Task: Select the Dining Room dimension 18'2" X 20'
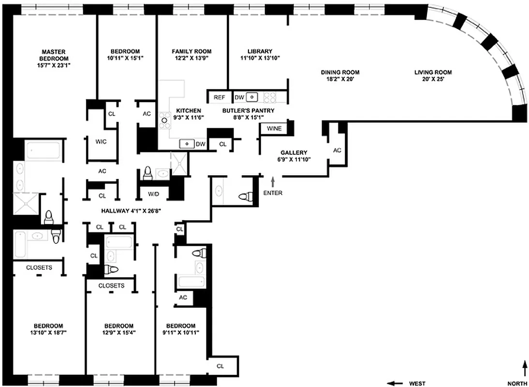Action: point(340,79)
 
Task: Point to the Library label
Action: point(260,51)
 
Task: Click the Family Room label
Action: point(191,51)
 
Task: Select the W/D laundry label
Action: point(153,194)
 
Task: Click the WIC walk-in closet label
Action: point(101,142)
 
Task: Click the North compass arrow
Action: point(525,367)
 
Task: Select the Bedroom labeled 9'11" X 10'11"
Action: point(180,326)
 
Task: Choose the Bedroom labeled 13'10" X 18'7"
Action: point(48,326)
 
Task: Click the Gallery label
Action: point(294,152)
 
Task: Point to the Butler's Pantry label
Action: point(248,110)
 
